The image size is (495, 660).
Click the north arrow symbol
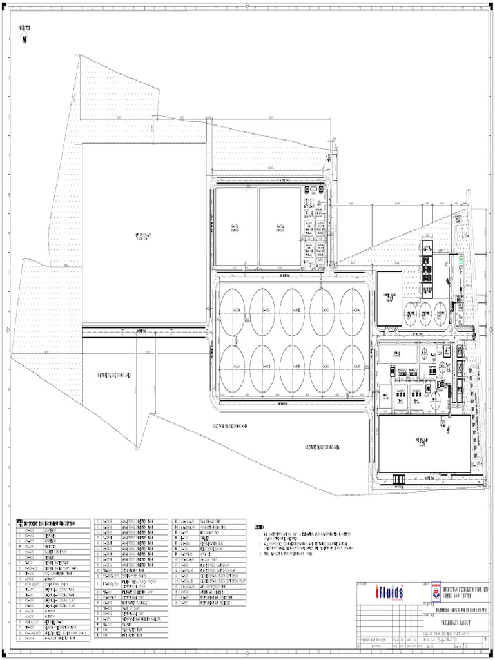[x=25, y=39]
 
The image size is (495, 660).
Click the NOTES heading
[x=260, y=527]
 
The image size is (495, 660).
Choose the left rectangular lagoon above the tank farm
[x=235, y=227]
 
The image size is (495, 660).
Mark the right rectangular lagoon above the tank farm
[x=280, y=227]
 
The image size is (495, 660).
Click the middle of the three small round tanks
[x=425, y=314]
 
